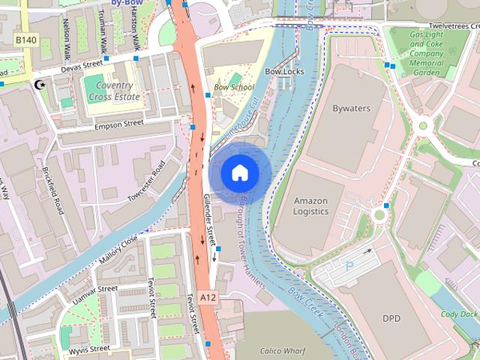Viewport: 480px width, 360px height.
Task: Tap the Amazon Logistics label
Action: pos(310,206)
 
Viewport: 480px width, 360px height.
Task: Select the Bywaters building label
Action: pos(351,109)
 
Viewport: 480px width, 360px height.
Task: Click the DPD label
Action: pos(391,319)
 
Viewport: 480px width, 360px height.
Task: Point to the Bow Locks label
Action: pos(284,71)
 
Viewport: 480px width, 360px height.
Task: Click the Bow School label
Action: pos(233,88)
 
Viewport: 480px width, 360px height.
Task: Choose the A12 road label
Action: pos(208,298)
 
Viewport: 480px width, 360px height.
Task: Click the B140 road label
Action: pos(25,39)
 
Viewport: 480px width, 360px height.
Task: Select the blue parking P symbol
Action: pos(349,265)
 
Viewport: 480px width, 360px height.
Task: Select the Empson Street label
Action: pos(118,124)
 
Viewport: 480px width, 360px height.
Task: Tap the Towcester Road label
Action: pos(146,181)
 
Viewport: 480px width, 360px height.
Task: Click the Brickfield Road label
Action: pos(53,191)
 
